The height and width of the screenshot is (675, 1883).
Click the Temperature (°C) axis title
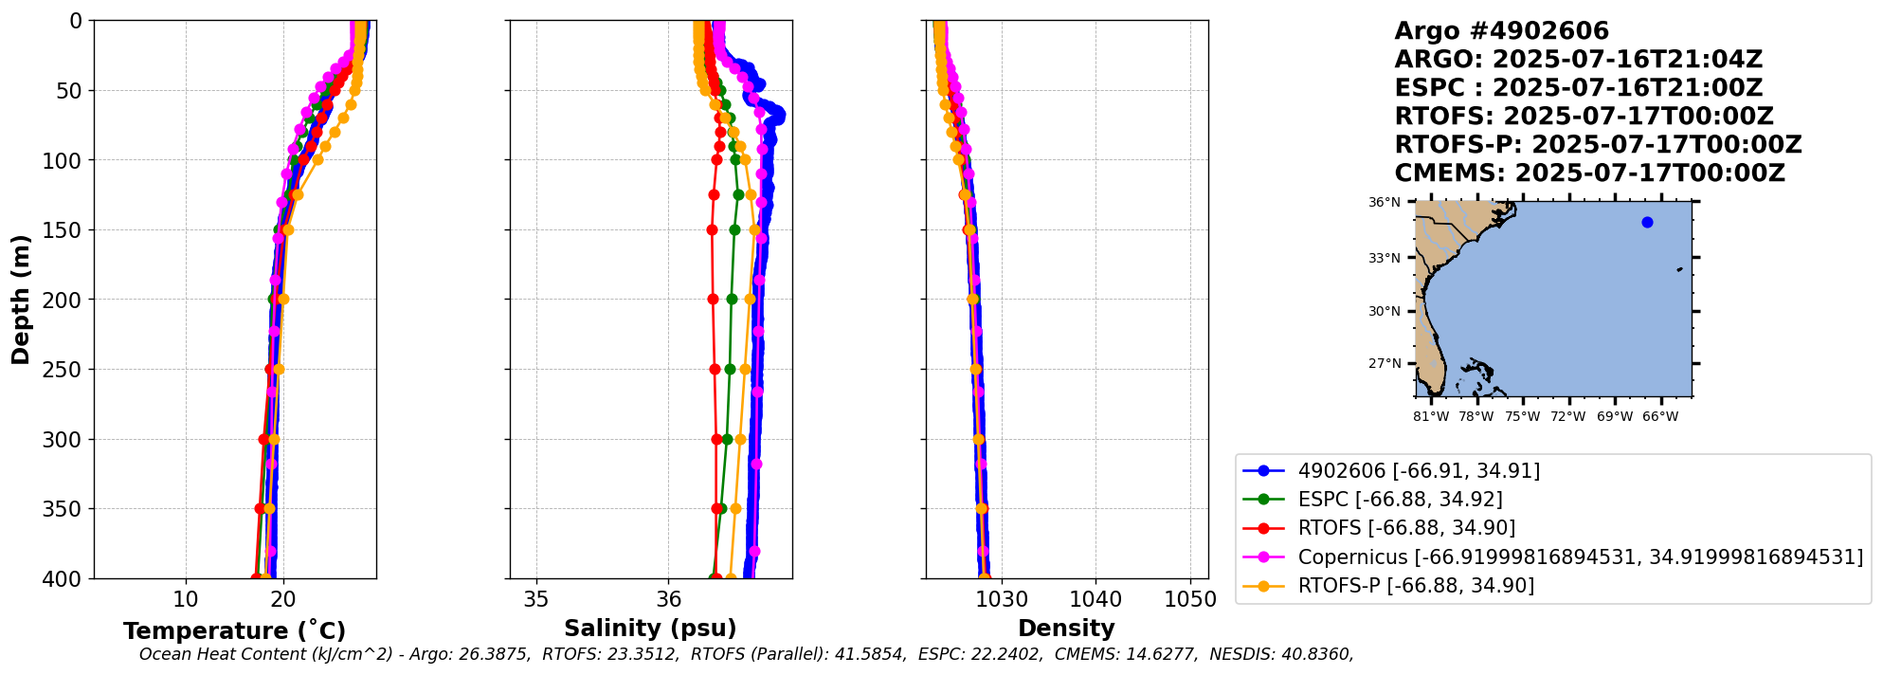tap(234, 631)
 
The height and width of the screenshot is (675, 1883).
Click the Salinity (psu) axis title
tap(650, 629)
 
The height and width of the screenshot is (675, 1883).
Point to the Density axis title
tap(1066, 629)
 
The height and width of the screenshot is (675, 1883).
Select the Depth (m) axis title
tap(21, 300)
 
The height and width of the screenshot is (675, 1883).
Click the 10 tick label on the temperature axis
tap(186, 599)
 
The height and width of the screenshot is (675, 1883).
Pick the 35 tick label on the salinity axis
tap(536, 599)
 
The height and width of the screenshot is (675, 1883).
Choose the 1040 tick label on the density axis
tap(1095, 599)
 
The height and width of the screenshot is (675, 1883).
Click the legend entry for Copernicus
tap(1580, 556)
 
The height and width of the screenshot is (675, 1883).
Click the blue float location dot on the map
tap(1647, 223)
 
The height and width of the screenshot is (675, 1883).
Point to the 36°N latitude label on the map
tap(1384, 203)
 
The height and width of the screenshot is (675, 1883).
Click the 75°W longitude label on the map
tap(1523, 416)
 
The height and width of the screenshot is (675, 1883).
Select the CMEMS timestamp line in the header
tap(1590, 173)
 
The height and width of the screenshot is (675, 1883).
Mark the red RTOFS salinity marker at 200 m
tap(713, 300)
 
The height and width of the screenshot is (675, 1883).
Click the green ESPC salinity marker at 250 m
tap(730, 370)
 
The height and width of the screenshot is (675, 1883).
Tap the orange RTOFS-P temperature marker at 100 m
tap(318, 160)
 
